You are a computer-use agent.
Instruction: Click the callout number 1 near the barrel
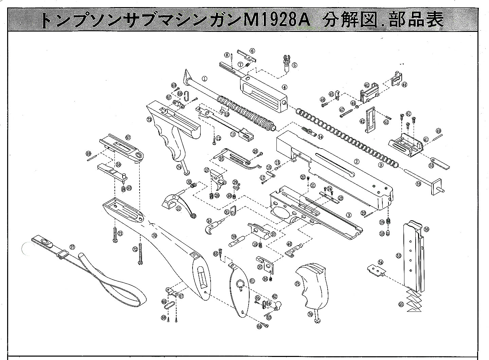[x=204, y=78]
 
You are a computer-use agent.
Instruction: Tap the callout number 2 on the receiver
[x=357, y=162]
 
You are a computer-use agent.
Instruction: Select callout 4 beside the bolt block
[x=285, y=87]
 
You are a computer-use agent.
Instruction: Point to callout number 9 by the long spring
[x=381, y=165]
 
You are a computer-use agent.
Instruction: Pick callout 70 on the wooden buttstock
[x=154, y=235]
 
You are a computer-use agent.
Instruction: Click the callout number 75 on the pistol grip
[x=297, y=284]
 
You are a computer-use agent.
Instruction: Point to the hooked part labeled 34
[x=213, y=227]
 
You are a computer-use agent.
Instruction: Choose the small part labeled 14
[x=308, y=131]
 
